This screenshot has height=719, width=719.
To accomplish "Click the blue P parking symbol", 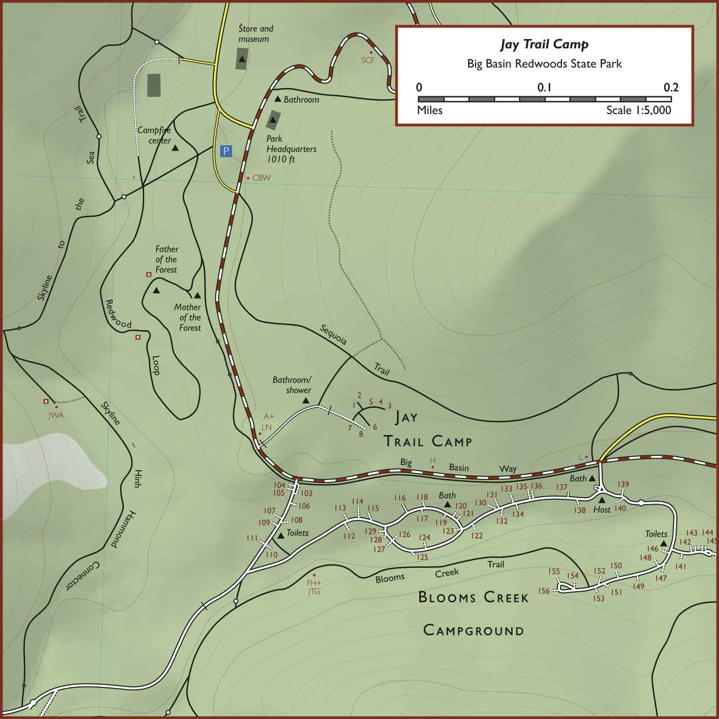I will click(x=226, y=151).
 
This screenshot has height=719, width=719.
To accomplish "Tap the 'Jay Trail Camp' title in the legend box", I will click(x=544, y=44).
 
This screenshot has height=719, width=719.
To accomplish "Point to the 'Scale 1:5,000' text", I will click(x=639, y=110).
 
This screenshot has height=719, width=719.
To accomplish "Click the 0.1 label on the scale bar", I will click(x=544, y=87).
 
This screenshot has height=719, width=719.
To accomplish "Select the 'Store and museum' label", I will click(x=255, y=34).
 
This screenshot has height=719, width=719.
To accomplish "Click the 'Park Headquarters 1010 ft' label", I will click(x=291, y=149).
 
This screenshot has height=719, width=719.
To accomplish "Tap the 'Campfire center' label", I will click(x=154, y=135).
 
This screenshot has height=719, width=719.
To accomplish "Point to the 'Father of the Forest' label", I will click(x=166, y=259).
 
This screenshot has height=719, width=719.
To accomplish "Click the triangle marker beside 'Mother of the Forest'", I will click(x=197, y=295).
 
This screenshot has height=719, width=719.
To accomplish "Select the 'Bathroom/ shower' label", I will click(x=292, y=385).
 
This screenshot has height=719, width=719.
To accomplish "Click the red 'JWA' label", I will click(x=56, y=415).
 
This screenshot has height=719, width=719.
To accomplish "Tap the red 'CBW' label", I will click(x=261, y=178).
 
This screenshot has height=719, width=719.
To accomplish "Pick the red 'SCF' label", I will click(x=368, y=60).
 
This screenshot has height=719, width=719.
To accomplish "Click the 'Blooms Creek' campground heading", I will click(x=473, y=597).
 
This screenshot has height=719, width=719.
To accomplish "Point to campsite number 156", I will click(x=544, y=591).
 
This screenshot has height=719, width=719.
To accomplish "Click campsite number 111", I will click(x=252, y=538).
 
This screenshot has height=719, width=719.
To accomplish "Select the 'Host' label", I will click(x=601, y=510).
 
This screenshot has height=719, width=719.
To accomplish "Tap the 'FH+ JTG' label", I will click(x=314, y=587).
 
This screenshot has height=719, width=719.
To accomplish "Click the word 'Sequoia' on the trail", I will click(x=333, y=334).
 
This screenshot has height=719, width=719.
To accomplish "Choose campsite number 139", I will click(x=623, y=484).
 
